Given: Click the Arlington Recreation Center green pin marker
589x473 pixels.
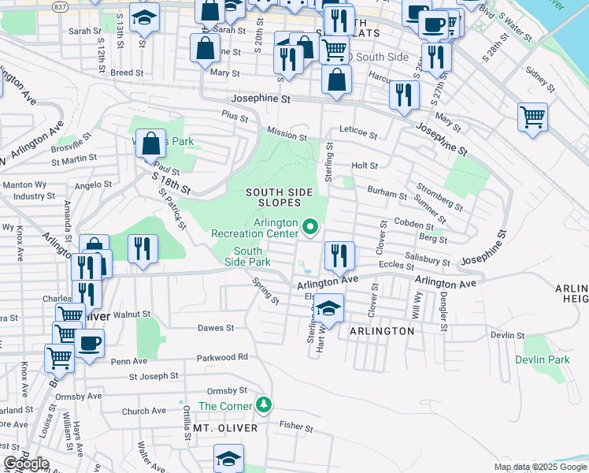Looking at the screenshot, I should (x=309, y=229).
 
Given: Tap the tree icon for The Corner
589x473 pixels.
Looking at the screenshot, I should (x=265, y=405).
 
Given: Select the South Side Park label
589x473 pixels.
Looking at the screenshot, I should (x=247, y=255).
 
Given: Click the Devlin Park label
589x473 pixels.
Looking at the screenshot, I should (x=542, y=359).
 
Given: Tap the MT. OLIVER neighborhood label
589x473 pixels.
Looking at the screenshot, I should (x=226, y=427).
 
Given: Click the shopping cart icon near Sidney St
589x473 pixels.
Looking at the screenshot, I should (x=533, y=116).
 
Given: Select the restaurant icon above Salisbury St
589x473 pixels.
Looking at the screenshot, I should (x=339, y=254).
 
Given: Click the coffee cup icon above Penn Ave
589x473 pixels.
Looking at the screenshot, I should (x=91, y=342).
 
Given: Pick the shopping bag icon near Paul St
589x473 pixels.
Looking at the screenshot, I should (x=151, y=142).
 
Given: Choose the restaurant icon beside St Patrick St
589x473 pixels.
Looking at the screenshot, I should (x=143, y=248).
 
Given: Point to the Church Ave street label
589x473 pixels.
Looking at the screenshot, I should (x=143, y=411).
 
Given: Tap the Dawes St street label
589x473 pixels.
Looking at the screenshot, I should (x=216, y=327).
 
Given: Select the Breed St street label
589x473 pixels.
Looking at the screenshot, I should (x=127, y=73).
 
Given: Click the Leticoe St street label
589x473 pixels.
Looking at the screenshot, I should (x=358, y=129).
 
